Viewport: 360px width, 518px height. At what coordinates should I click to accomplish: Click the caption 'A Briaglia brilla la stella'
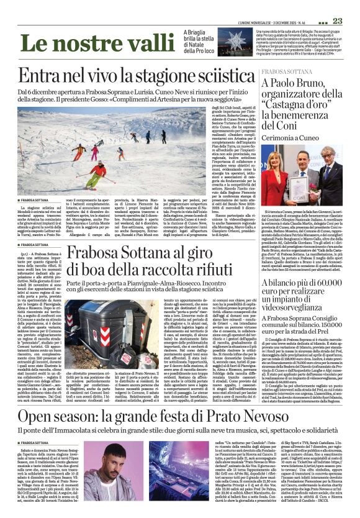click(199, 37)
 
